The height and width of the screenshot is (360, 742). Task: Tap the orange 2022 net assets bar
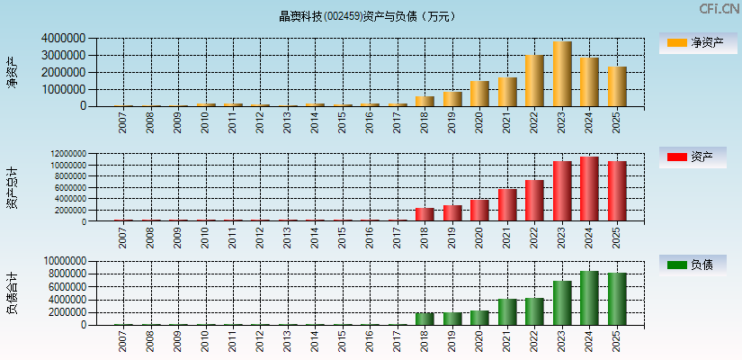coord(534,81)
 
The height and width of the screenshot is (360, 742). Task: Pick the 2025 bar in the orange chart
coord(617,86)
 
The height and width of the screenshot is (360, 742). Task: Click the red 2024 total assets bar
coord(589,189)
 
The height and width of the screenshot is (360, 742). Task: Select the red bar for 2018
coord(425,214)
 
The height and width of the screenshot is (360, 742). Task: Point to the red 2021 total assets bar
coord(507,204)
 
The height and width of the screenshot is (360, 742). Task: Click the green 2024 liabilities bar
coord(589,298)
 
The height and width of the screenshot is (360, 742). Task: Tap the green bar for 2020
coord(479,318)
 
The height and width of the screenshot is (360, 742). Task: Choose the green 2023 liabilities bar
coord(562,302)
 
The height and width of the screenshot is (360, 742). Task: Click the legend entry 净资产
coord(693,42)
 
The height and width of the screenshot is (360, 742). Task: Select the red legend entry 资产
coord(693,157)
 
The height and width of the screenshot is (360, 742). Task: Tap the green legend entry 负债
coord(693,265)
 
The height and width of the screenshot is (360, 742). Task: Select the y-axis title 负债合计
coord(13,292)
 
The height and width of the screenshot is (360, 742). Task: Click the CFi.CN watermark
coord(720,9)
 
